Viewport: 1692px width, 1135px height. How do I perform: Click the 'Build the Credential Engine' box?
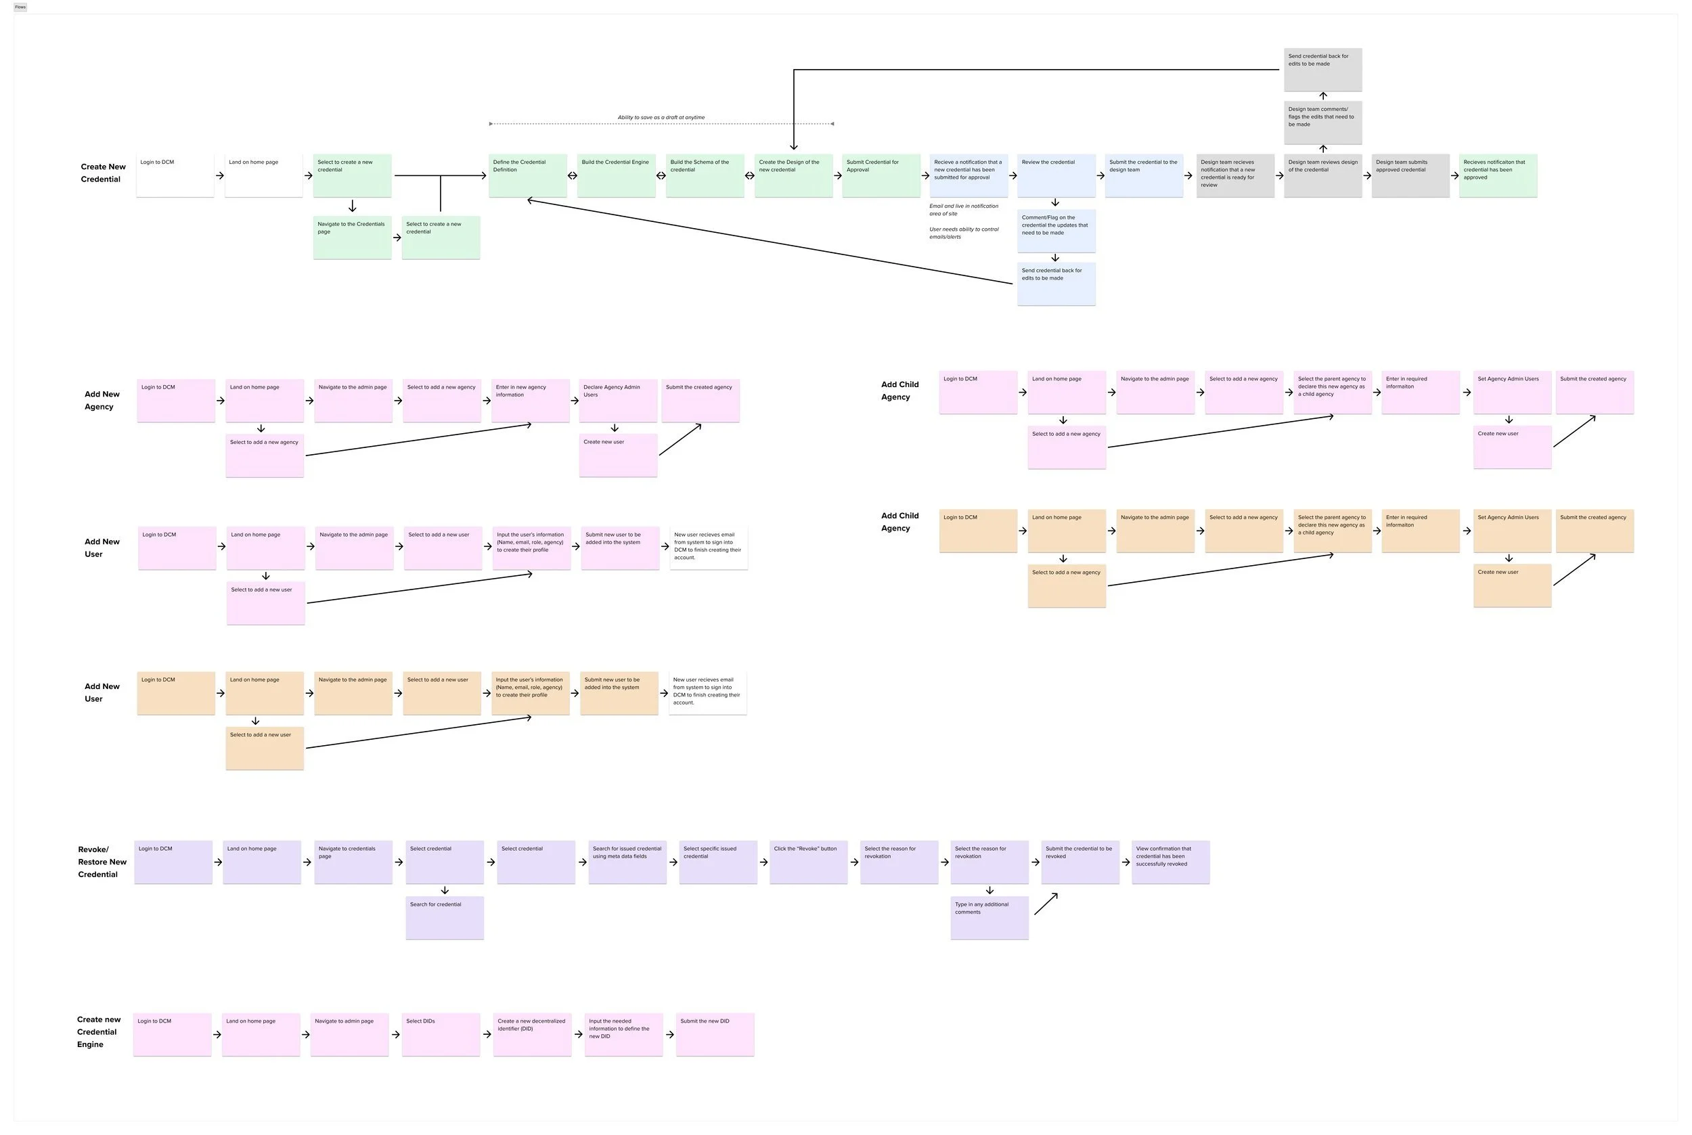coord(616,175)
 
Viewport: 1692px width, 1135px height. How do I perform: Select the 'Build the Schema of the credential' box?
coord(704,175)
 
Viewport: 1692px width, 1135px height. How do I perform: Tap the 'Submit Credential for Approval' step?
coord(881,175)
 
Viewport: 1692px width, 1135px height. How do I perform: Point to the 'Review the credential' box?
coord(1056,175)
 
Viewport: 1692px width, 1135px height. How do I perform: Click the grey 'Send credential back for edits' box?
coord(1322,70)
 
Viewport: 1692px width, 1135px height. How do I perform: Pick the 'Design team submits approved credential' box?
coord(1410,175)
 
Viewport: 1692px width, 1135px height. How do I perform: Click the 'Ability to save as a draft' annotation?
coord(661,117)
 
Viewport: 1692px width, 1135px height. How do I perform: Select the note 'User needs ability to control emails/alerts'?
coord(963,233)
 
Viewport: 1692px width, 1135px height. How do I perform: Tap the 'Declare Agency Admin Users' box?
coord(618,400)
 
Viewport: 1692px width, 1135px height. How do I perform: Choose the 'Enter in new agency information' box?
coord(531,400)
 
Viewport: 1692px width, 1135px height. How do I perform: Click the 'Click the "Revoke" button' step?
coord(807,862)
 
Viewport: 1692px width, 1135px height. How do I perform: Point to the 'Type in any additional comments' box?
coord(989,918)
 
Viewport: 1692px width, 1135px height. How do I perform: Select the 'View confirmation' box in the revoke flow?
coord(1170,862)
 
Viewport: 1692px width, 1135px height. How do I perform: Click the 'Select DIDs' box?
coord(441,1034)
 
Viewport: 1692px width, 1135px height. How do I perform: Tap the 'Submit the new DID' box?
coord(714,1034)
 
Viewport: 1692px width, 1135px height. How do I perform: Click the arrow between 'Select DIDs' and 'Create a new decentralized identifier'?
coord(487,1034)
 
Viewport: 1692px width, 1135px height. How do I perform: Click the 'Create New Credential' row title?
coord(103,173)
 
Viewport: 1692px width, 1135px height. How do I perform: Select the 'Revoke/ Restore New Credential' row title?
coord(102,862)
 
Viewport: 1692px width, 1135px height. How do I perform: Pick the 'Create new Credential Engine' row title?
coord(98,1032)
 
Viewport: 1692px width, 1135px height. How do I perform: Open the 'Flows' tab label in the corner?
coord(20,7)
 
